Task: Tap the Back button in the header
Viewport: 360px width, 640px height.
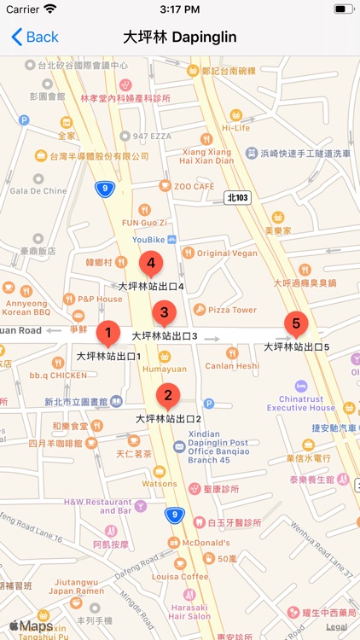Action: pos(35,37)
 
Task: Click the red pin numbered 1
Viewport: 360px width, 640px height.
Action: pos(107,333)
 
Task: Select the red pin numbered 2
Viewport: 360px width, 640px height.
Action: pos(168,396)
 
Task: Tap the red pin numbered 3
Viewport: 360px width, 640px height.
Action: pos(164,313)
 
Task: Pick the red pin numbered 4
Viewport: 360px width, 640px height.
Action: pos(151,265)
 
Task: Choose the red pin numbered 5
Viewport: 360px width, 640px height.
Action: pos(296,324)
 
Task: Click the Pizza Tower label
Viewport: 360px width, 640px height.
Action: pos(232,310)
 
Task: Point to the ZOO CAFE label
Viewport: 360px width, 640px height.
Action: pos(193,186)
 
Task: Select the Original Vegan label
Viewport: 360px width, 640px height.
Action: pos(226,253)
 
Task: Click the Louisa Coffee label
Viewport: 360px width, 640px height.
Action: pos(181,576)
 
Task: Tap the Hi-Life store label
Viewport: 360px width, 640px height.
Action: pos(235,128)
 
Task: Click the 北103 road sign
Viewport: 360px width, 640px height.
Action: pos(238,197)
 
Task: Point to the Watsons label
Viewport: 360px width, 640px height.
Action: pos(159,484)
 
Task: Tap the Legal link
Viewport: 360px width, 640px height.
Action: pos(336,626)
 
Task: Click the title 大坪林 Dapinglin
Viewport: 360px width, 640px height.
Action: pos(179,37)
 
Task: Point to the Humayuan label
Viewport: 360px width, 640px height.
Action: pos(164,369)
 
